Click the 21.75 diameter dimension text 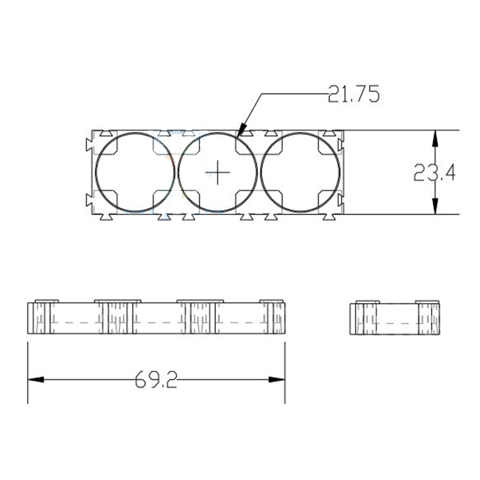tap(353, 94)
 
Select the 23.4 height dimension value tap(434, 173)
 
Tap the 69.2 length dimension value tap(156, 380)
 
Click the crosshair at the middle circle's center tap(218, 173)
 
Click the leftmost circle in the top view tap(135, 173)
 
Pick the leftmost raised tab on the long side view tap(47, 301)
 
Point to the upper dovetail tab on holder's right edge tap(342, 145)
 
